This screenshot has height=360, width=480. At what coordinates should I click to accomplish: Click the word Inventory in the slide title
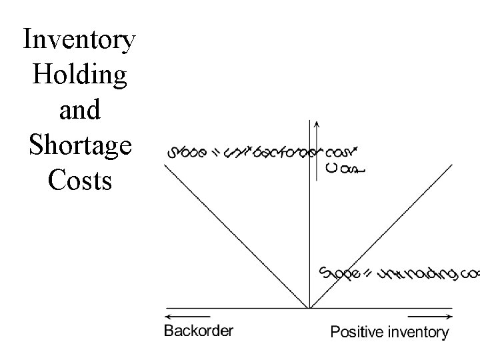[79, 40]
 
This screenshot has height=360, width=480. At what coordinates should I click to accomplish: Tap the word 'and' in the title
[79, 109]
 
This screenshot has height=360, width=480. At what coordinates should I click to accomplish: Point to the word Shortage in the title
[79, 144]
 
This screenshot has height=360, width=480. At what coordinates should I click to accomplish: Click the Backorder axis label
[199, 331]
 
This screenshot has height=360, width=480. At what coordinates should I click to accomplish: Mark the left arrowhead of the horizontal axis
[167, 316]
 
